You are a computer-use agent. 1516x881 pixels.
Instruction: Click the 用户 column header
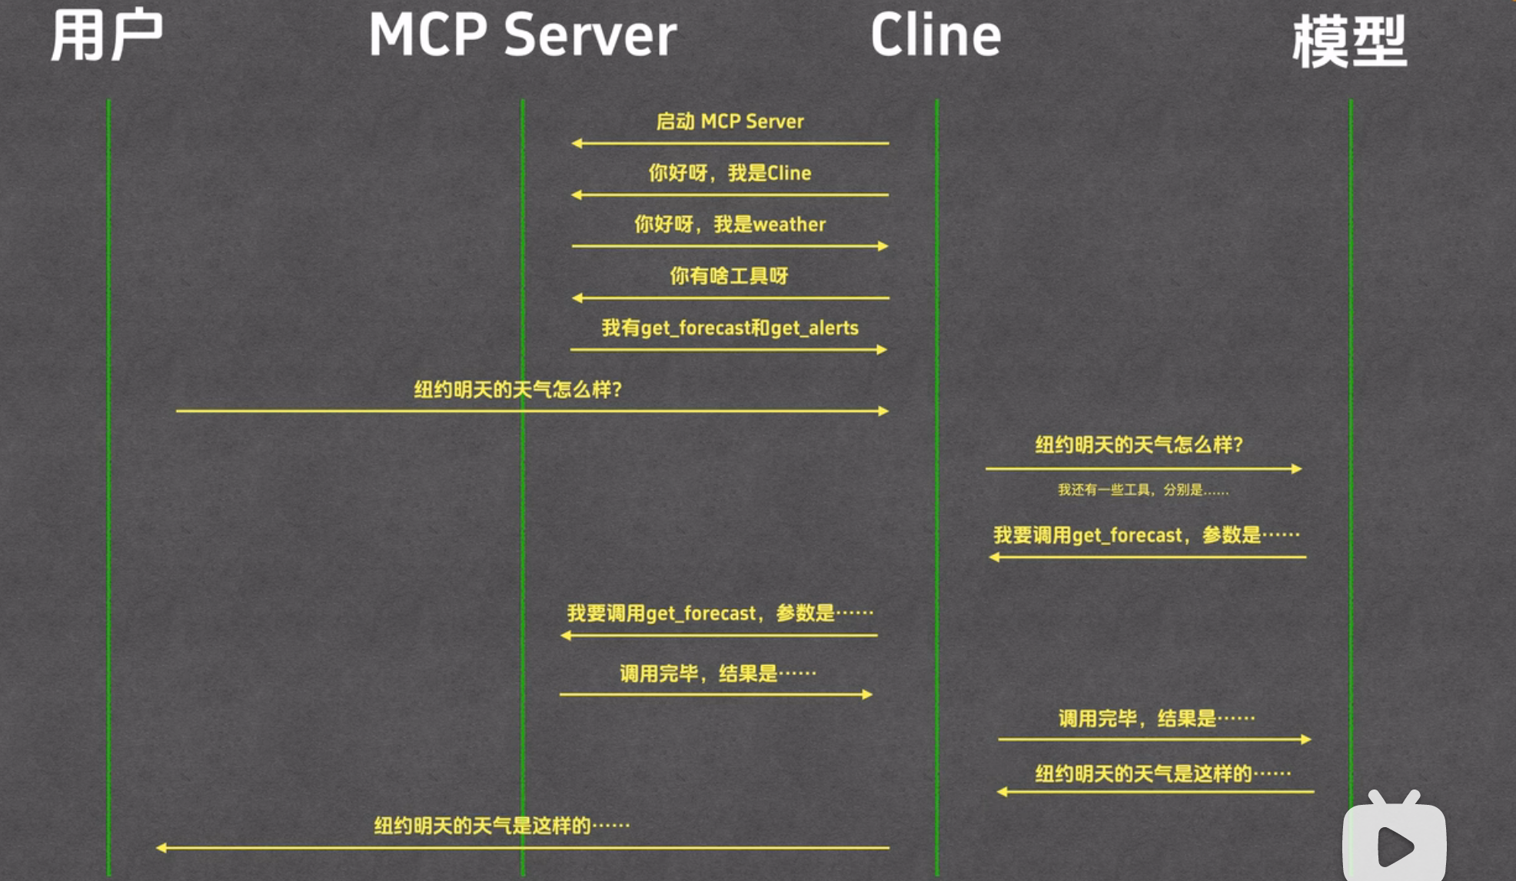(106, 36)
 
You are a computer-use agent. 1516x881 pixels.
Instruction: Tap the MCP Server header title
(523, 36)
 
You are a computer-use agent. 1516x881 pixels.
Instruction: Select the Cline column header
(936, 36)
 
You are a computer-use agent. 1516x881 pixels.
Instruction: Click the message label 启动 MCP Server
(730, 121)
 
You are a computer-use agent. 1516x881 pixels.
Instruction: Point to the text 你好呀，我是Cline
(730, 173)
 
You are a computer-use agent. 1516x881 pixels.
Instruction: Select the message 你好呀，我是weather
(730, 224)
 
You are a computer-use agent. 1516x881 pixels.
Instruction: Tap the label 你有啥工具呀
(729, 276)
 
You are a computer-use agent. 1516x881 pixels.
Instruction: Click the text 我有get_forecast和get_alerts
(730, 328)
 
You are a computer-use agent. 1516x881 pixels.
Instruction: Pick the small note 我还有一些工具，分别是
(1142, 490)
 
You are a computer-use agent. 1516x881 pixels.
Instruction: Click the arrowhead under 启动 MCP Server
(577, 143)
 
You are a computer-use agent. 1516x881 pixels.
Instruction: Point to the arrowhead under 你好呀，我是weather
(883, 246)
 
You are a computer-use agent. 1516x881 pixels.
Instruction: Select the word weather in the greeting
(790, 224)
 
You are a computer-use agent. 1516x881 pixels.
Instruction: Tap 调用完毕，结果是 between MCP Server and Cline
(718, 674)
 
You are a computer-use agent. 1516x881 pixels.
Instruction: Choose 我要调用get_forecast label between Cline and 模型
(1146, 535)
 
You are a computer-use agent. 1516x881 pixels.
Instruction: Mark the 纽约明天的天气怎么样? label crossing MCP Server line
(517, 390)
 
